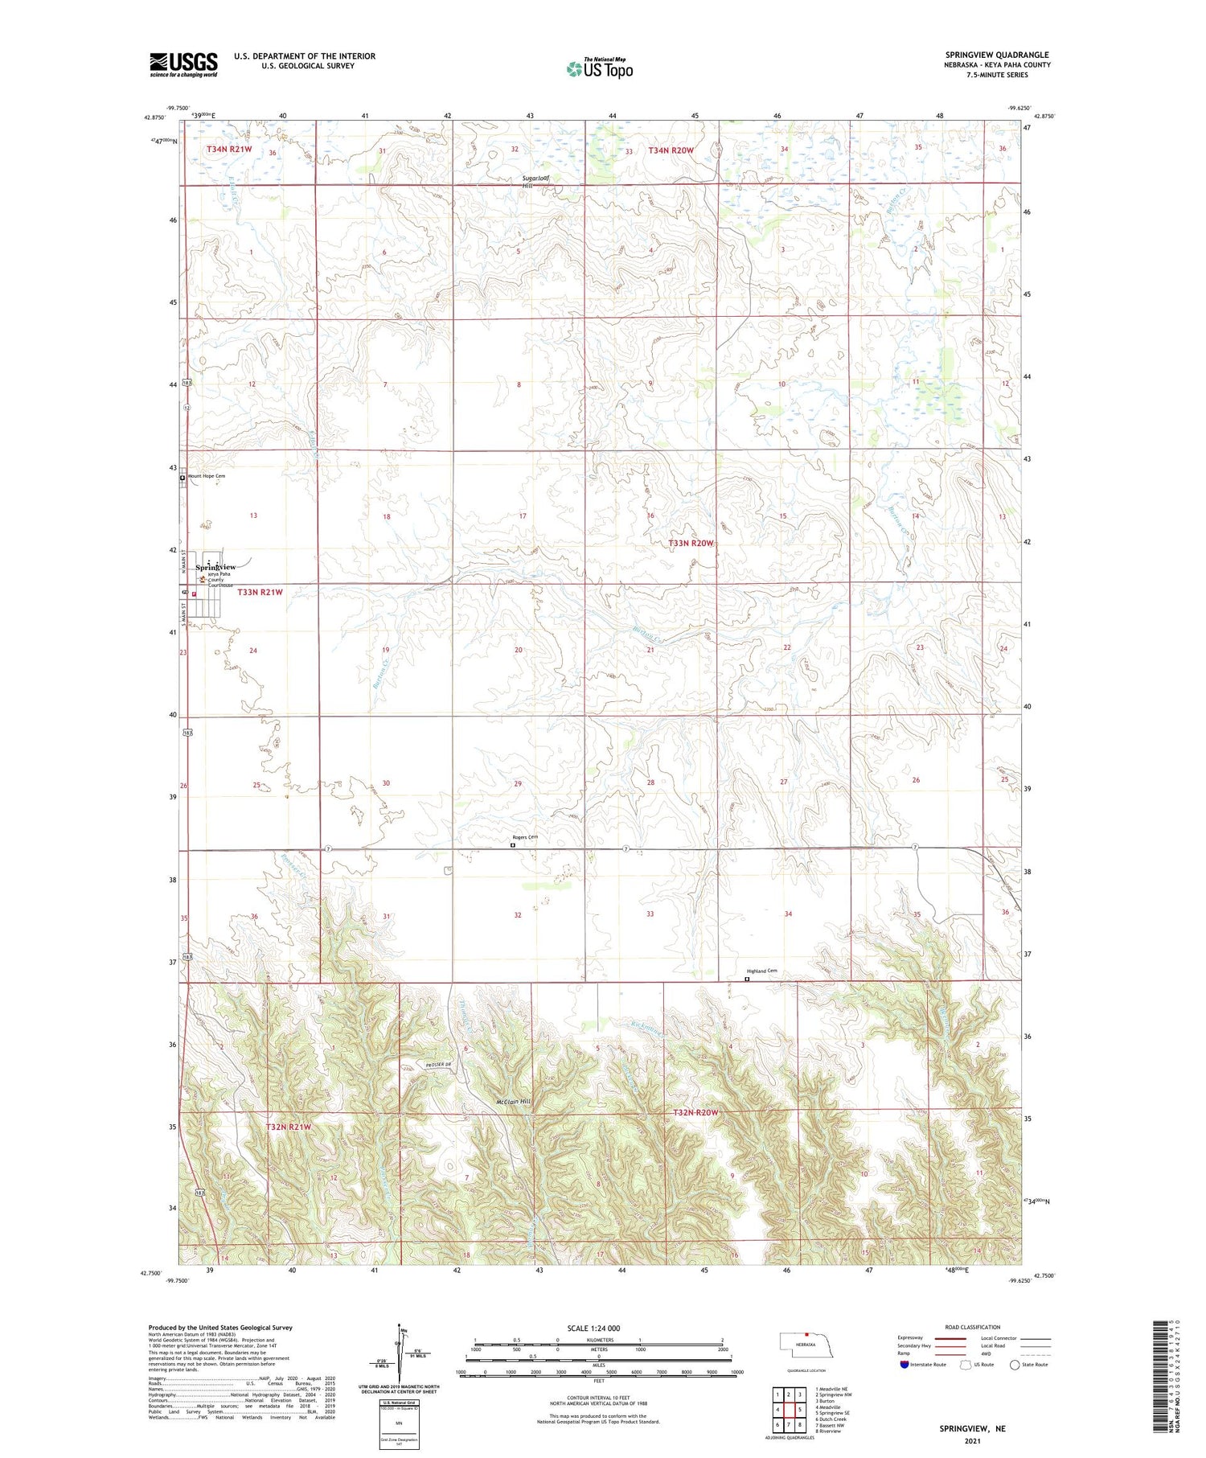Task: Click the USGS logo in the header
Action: point(183,64)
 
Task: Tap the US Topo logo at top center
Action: point(599,69)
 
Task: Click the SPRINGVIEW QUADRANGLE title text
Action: point(996,55)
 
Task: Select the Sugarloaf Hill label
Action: point(534,182)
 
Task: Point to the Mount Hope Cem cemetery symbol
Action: point(183,478)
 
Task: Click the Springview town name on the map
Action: point(215,567)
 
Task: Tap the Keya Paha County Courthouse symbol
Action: point(202,577)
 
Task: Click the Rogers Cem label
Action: point(525,837)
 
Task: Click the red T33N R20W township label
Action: point(691,544)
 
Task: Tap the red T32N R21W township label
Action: point(288,1127)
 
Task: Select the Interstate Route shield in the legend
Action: point(904,1364)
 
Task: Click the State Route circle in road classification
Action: point(1015,1364)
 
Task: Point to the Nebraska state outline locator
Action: point(805,1344)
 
